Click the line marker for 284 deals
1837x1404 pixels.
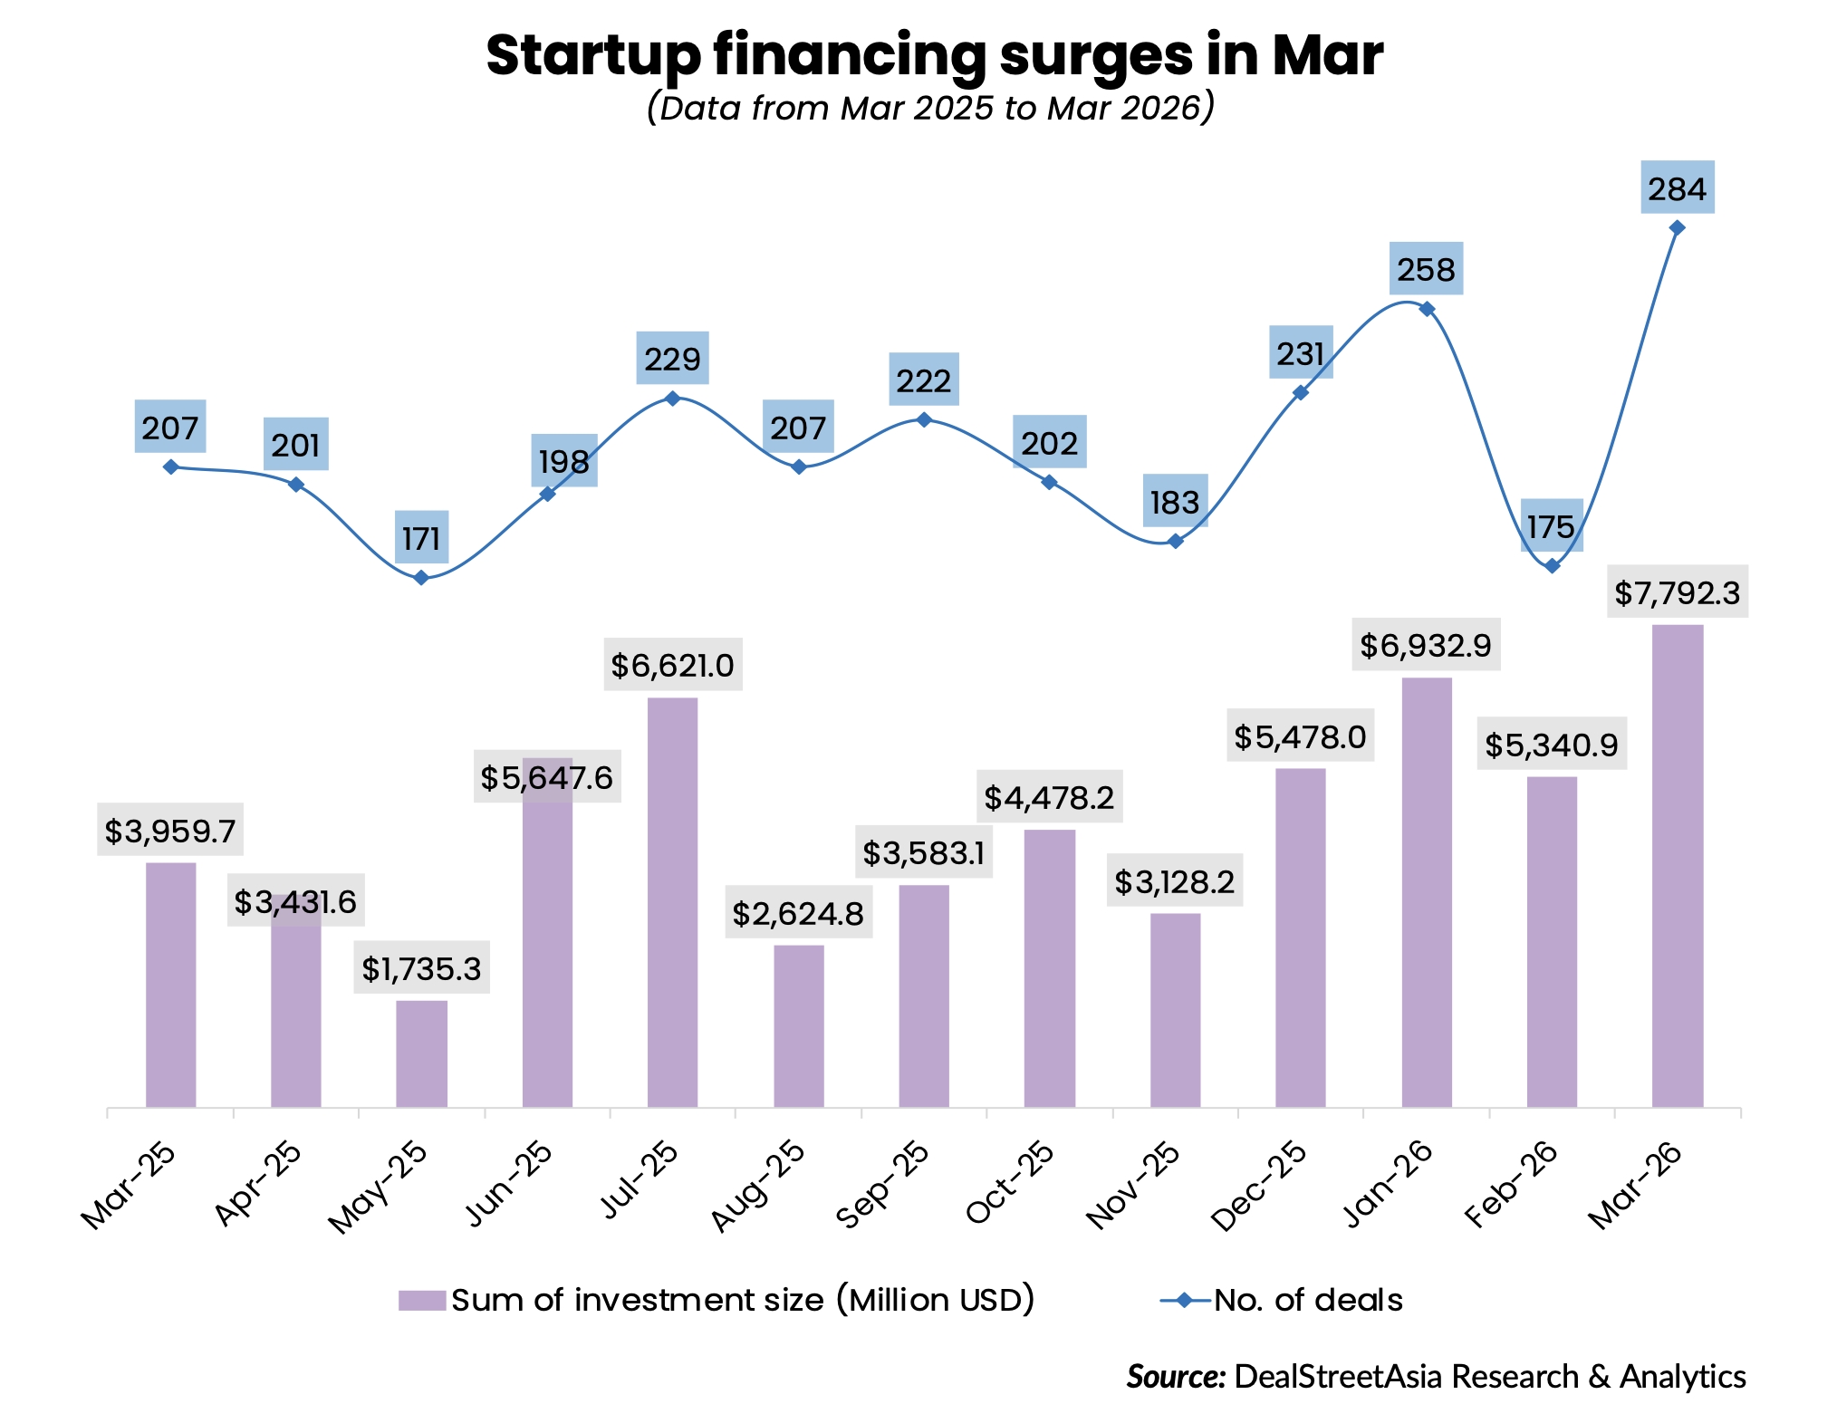click(1677, 227)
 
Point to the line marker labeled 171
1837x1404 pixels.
click(421, 577)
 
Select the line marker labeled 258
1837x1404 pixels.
click(1427, 309)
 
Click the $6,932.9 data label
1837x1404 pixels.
click(1426, 645)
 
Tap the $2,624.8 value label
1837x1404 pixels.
click(798, 913)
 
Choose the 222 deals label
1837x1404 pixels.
click(924, 380)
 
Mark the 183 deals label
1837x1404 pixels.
click(1175, 501)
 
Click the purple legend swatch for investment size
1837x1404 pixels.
click(422, 1301)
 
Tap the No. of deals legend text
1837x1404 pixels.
click(1308, 1301)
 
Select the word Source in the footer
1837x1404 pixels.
click(1176, 1376)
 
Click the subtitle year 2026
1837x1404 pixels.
click(1159, 109)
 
